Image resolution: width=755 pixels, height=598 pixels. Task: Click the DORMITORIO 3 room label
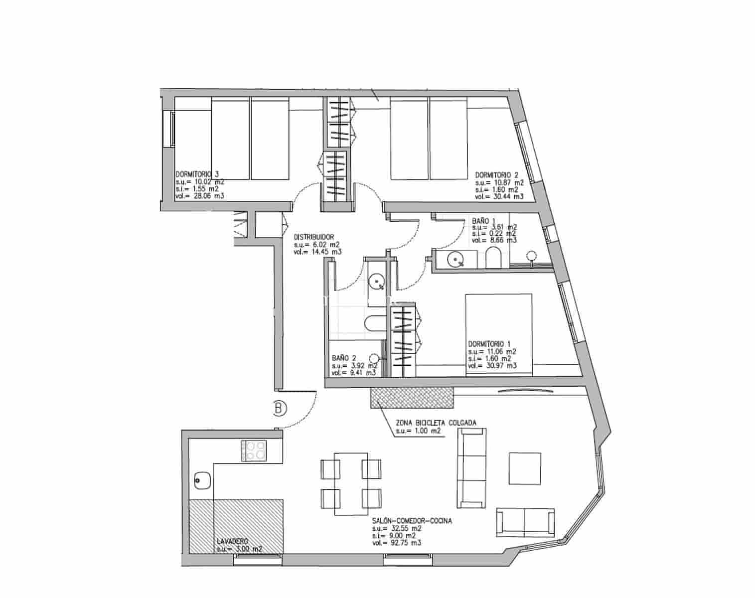[x=197, y=175]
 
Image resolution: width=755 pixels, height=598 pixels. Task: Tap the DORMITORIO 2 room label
[x=497, y=175]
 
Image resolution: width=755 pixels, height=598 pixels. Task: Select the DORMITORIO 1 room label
[x=489, y=344]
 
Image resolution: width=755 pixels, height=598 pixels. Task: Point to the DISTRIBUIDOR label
[x=313, y=237]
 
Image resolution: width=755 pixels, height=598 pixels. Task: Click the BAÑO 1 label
[x=483, y=220]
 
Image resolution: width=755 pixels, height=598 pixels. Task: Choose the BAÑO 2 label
[x=344, y=358]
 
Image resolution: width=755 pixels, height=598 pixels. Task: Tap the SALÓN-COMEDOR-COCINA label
[x=412, y=521]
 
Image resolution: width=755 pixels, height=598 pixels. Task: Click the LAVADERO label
[x=232, y=542]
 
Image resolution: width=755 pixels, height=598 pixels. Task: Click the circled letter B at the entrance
[x=280, y=409]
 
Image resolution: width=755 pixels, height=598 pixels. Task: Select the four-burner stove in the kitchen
[x=254, y=450]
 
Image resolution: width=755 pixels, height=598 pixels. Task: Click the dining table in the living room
[x=351, y=484]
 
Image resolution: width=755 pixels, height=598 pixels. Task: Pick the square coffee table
[x=525, y=468]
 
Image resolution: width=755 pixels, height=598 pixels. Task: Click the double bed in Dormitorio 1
[x=498, y=334]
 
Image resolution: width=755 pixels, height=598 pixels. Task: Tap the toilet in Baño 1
[x=494, y=258]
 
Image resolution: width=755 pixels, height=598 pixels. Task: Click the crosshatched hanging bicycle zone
[x=412, y=399]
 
